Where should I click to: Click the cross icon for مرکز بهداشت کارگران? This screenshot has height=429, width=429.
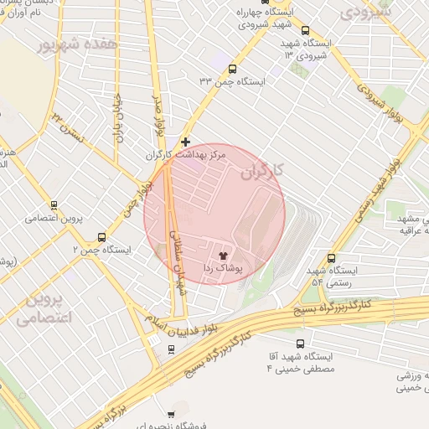185,142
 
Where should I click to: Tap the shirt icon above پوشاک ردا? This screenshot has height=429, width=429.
223,256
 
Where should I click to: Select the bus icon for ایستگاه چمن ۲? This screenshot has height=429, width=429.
102,237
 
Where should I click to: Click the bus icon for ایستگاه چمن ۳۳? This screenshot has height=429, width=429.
232,70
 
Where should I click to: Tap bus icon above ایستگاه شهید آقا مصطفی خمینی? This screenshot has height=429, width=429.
302,344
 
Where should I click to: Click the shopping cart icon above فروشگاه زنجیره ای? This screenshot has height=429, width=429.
172,413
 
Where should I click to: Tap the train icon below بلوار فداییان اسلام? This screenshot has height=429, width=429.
171,349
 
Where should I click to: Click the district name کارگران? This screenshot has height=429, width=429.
263,172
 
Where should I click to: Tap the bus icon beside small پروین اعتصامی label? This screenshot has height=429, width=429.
54,204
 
